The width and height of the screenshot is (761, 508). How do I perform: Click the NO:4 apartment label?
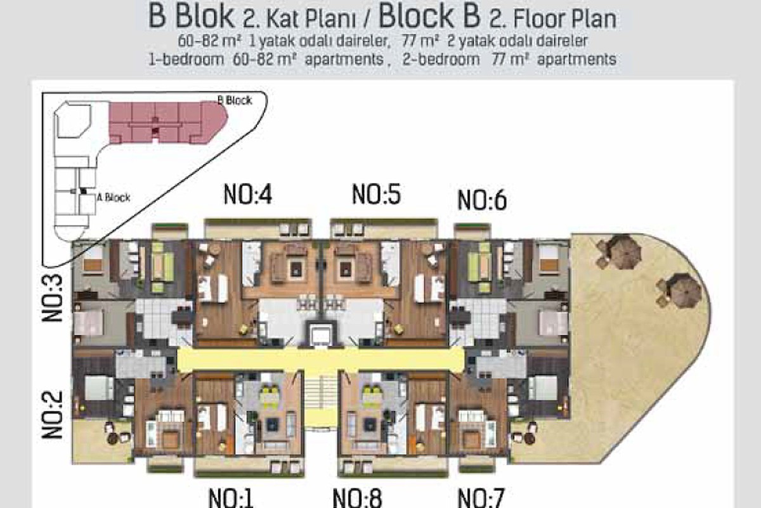pyautogui.click(x=248, y=194)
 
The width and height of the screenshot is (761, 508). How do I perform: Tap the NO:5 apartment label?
pyautogui.click(x=377, y=194)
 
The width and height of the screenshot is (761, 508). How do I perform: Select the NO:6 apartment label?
pyautogui.click(x=482, y=200)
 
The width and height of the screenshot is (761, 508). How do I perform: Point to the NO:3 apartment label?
pyautogui.click(x=52, y=298)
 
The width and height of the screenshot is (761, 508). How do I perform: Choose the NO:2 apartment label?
pyautogui.click(x=52, y=415)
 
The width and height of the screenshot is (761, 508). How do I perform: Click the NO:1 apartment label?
pyautogui.click(x=231, y=498)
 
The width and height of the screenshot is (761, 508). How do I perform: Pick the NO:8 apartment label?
pyautogui.click(x=358, y=498)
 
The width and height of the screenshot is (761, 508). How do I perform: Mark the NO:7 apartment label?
pyautogui.click(x=481, y=498)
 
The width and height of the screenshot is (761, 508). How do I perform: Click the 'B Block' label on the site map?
pyautogui.click(x=235, y=100)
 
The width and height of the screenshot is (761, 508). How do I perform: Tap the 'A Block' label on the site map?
pyautogui.click(x=114, y=197)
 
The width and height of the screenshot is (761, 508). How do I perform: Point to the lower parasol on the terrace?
pyautogui.click(x=683, y=291)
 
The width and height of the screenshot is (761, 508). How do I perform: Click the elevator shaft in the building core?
pyautogui.click(x=320, y=335)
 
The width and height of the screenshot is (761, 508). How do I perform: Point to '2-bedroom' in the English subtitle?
pyautogui.click(x=441, y=60)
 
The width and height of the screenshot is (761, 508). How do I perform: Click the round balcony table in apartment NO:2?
pyautogui.click(x=113, y=438)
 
